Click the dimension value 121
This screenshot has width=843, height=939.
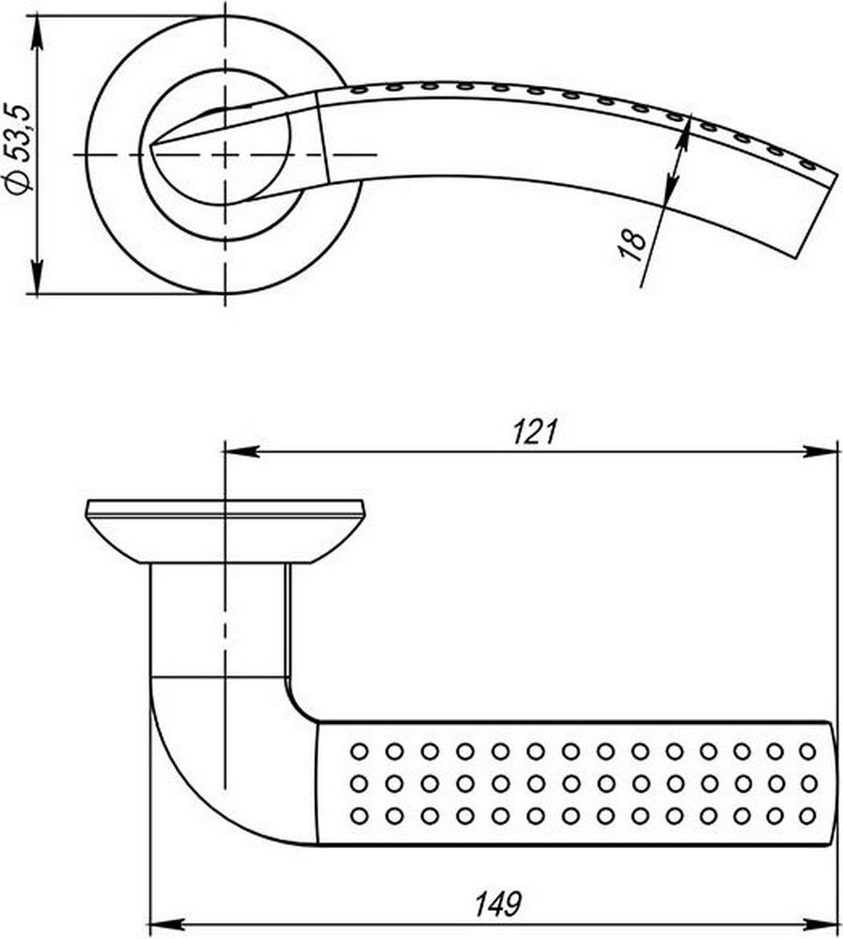535,432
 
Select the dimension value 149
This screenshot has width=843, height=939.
498,904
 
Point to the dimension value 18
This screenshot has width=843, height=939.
632,245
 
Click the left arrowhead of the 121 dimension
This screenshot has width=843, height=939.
241,452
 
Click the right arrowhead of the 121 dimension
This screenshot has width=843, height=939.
820,452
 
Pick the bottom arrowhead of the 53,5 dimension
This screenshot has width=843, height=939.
38,277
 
